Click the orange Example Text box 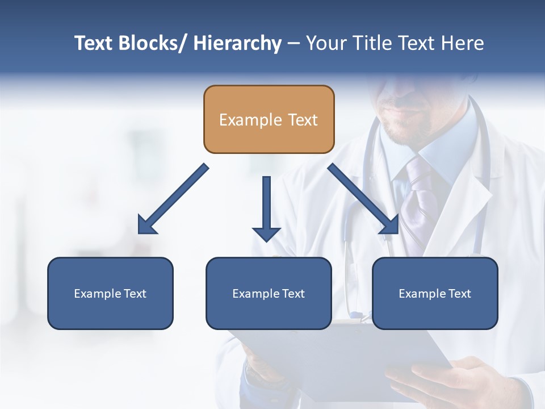tap(269, 119)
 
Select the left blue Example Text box tap(110, 293)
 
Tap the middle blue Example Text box tap(269, 293)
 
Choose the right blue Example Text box tap(435, 293)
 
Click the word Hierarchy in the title tap(237, 43)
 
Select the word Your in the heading tap(326, 43)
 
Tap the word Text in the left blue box tap(136, 294)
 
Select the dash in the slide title tap(294, 44)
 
